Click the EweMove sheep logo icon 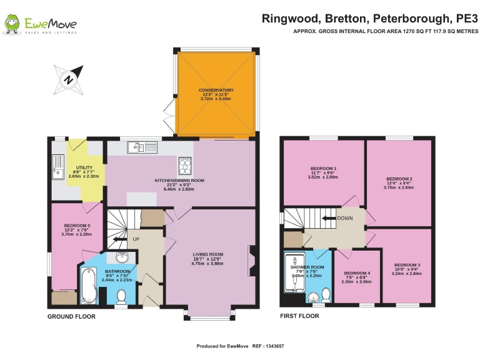(x=12, y=25)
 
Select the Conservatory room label (x=216, y=94)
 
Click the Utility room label (x=84, y=172)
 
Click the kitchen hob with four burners (x=186, y=166)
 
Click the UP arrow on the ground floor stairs (x=129, y=239)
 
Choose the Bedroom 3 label (x=407, y=269)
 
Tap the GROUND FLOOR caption (x=71, y=316)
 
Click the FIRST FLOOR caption (x=299, y=316)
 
